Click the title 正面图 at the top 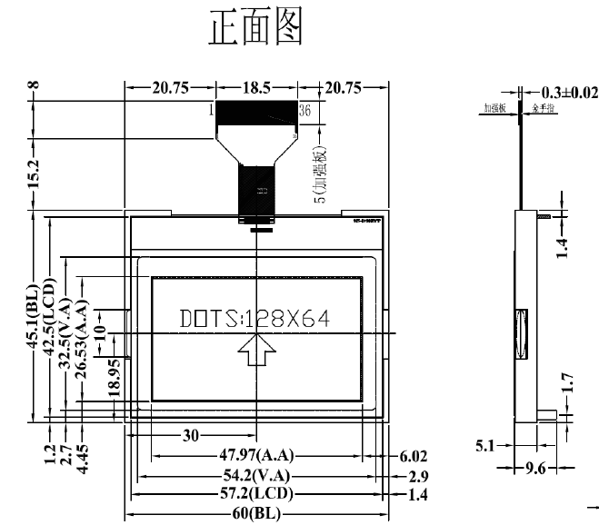tap(255, 28)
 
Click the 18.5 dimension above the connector tap(256, 88)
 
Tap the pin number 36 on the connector tap(304, 110)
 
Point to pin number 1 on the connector tap(212, 110)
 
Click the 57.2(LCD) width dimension tap(257, 495)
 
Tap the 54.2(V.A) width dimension tap(257, 475)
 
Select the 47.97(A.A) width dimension tap(257, 455)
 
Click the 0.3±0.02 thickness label tap(570, 93)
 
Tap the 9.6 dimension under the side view tap(535, 469)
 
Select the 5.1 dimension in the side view tap(485, 446)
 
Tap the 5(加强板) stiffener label tap(319, 173)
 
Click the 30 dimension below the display tap(191, 435)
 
